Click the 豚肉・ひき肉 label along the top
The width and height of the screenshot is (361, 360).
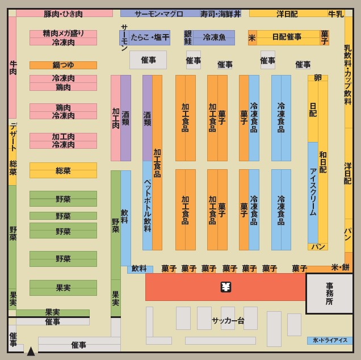(x=63, y=14)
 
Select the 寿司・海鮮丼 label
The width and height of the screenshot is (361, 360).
(x=220, y=14)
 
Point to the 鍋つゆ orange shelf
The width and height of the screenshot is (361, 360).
(x=63, y=65)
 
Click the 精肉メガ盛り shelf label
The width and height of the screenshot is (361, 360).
(x=63, y=34)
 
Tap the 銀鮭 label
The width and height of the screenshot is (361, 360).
(x=188, y=37)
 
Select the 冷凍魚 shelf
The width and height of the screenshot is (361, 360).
(x=215, y=37)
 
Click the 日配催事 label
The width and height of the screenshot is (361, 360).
(x=287, y=37)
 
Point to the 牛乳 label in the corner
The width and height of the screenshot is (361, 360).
(x=336, y=14)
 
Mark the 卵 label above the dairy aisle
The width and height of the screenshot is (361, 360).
(x=317, y=78)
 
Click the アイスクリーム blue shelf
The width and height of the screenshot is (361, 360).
(x=313, y=192)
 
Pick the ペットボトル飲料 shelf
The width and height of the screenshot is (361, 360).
(x=147, y=206)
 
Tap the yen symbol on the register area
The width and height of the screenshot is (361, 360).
(x=226, y=287)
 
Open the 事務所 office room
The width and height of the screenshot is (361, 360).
(x=329, y=294)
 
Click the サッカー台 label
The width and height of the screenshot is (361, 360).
(x=228, y=321)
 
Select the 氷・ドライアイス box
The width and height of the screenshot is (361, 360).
(x=329, y=341)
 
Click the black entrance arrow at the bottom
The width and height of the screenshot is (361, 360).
(x=31, y=351)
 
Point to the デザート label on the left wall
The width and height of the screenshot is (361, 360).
(x=12, y=137)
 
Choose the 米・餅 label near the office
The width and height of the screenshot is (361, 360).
(x=341, y=267)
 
